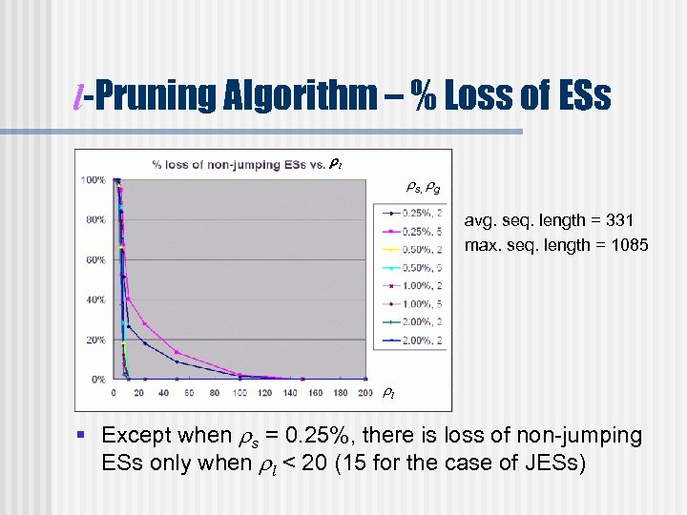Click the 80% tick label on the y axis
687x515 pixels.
tap(94, 219)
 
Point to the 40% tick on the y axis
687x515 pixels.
tap(94, 299)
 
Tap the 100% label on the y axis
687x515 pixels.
tap(93, 179)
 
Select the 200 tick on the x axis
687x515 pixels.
tap(365, 392)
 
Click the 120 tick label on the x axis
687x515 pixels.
tap(265, 392)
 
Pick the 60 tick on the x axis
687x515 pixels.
tap(190, 392)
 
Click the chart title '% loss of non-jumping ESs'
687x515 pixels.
tap(239, 165)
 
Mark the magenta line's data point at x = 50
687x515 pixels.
tap(177, 352)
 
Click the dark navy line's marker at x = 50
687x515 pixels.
tap(177, 361)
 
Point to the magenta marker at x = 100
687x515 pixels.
tap(239, 374)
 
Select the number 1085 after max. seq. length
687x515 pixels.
tap(628, 245)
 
